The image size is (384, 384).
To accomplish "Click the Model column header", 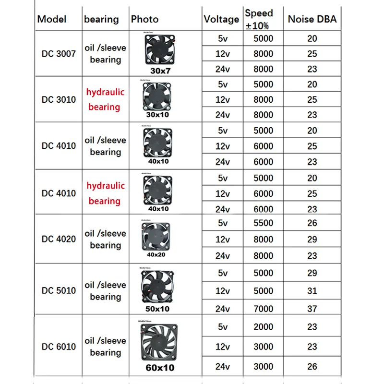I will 52,20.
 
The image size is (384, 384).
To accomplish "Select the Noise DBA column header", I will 312,20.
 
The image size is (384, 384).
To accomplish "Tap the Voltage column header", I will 221,20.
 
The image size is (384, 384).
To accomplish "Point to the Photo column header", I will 144,20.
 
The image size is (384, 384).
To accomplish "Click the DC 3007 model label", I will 59,54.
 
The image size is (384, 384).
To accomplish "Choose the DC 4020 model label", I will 59,239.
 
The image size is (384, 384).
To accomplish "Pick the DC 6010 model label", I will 59,347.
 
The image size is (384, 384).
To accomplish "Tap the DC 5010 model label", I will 59,290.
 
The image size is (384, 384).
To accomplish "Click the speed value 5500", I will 263,223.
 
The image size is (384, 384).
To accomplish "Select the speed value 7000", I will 263,309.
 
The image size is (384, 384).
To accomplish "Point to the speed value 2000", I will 263,327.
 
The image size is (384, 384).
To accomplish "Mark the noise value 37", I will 312,309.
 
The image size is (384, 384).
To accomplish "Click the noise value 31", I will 312,291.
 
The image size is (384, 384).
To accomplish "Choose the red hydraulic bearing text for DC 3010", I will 105,99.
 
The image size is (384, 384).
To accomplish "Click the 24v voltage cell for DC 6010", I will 222,366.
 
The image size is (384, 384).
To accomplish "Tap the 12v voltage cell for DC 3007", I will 222,54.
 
